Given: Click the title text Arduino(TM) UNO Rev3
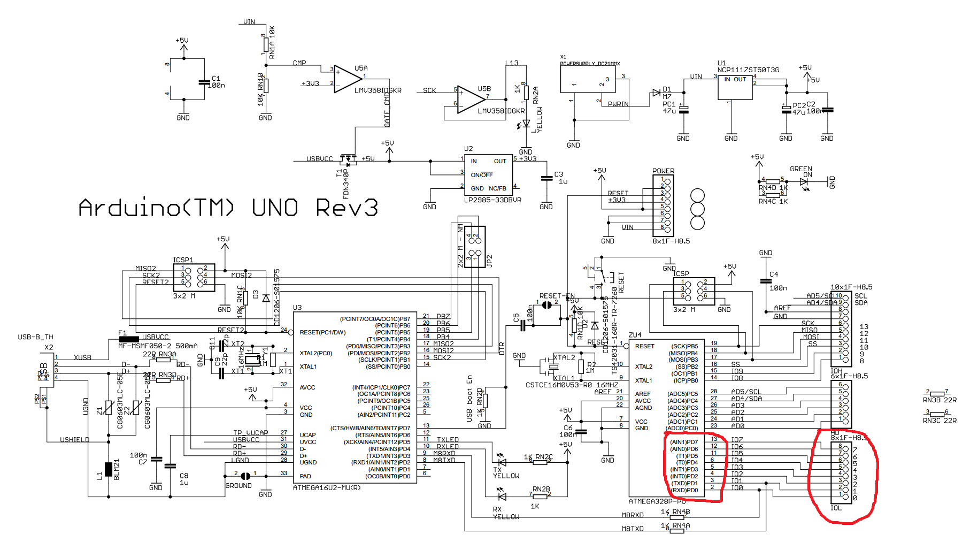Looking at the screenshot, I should click(x=228, y=208).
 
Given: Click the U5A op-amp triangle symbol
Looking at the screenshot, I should click(x=346, y=79).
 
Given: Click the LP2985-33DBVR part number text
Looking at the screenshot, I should click(x=492, y=200).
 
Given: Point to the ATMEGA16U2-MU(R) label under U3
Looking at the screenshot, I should click(x=327, y=487).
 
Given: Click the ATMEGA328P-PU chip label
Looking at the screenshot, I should click(x=657, y=501).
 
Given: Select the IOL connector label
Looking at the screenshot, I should click(x=836, y=508).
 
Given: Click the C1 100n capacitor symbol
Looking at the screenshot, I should click(x=204, y=82).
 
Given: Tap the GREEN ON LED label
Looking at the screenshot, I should click(x=801, y=171).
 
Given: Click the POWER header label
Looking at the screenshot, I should click(x=663, y=171).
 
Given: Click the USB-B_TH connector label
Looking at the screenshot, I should click(x=35, y=337).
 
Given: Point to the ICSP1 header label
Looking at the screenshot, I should click(x=183, y=260).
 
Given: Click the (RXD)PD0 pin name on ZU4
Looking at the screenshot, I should click(x=684, y=490).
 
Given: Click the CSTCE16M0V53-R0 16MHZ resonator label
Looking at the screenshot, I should click(x=572, y=385).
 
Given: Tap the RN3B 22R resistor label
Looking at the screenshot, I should click(x=940, y=400).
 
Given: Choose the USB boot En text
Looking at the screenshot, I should click(x=469, y=399).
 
